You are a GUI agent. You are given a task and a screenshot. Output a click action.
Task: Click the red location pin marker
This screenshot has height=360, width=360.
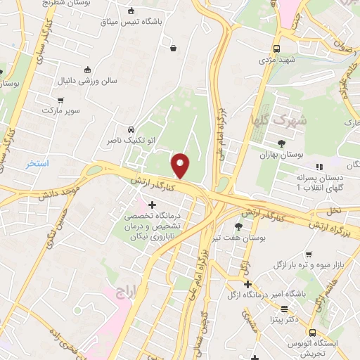(181, 165)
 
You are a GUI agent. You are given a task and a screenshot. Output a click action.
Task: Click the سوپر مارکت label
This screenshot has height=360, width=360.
(62, 111)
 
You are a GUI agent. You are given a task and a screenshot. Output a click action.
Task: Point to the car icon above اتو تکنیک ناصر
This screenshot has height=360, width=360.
(131, 130)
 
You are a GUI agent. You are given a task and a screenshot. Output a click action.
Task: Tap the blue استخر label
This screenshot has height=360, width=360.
(37, 163)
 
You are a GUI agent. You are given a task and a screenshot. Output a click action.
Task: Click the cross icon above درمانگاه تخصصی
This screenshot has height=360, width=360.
(153, 205)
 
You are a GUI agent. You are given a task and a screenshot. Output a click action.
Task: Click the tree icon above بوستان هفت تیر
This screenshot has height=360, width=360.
(238, 226)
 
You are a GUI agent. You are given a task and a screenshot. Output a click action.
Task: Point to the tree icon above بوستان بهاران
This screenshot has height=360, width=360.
(282, 143)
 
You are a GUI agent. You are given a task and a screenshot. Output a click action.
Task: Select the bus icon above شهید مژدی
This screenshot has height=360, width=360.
(277, 49)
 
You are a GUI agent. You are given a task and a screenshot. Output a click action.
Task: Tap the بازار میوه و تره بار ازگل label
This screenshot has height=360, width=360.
(317, 266)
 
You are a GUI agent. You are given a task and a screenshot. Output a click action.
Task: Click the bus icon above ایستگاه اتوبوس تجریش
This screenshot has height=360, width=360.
(311, 333)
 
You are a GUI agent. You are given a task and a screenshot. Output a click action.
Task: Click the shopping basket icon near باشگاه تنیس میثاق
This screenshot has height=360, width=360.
(173, 48)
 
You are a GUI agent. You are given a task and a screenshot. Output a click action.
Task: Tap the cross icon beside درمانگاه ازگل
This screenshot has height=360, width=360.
(247, 284)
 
